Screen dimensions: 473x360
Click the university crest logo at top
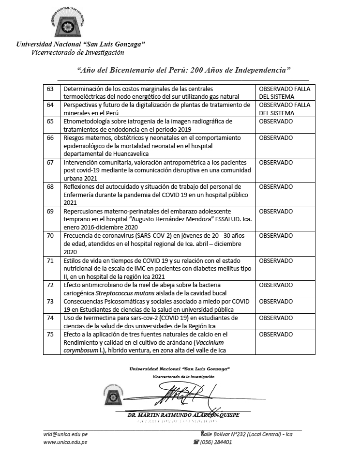click(68, 24)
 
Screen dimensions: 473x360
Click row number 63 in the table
click(50, 90)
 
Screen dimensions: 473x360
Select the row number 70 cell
click(50, 236)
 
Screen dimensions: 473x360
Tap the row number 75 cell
click(50, 335)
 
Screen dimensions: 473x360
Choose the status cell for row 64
click(285, 108)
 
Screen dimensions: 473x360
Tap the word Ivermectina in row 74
click(91, 318)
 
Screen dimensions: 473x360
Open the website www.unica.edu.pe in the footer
click(65, 442)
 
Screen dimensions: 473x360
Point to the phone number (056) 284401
click(216, 442)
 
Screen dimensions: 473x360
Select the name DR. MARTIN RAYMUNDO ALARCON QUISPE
click(183, 414)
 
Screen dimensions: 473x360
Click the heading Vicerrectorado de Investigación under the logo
click(77, 52)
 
